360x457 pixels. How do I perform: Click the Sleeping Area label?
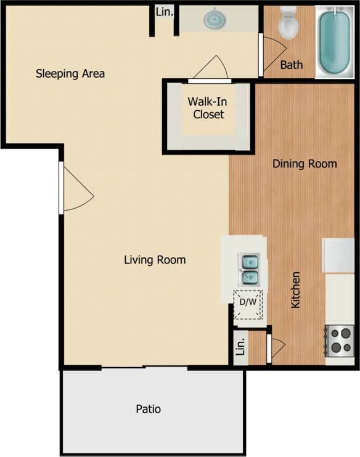click(70, 73)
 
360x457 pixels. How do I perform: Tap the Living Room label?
click(155, 259)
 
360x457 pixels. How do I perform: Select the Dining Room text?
click(305, 163)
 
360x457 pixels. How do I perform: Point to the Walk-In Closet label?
click(206, 108)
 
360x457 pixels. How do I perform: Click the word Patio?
click(148, 408)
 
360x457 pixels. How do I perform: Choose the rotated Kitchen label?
click(296, 289)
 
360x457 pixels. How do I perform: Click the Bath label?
click(292, 64)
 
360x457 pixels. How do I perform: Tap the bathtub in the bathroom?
click(335, 41)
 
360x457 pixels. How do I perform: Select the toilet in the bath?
click(288, 25)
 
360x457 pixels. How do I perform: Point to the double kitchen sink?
click(250, 270)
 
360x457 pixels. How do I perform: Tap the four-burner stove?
click(340, 339)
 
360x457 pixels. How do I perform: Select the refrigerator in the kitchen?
click(338, 255)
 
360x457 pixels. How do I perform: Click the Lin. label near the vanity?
click(163, 12)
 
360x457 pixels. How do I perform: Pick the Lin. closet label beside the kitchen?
click(240, 349)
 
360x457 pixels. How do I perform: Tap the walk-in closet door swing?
click(211, 68)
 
